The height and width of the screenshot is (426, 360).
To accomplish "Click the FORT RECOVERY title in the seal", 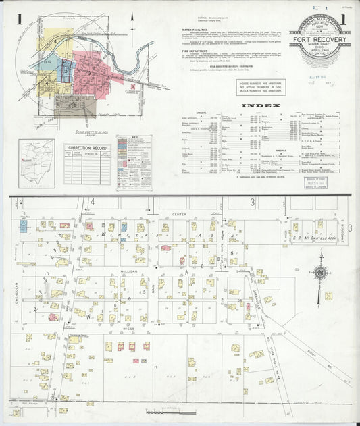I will click(x=319, y=38).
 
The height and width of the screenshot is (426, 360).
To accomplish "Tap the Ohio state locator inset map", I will click(x=37, y=162).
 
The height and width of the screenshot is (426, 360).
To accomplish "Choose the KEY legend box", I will click(x=134, y=162).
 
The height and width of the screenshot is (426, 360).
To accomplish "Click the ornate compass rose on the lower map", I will click(x=322, y=271).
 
